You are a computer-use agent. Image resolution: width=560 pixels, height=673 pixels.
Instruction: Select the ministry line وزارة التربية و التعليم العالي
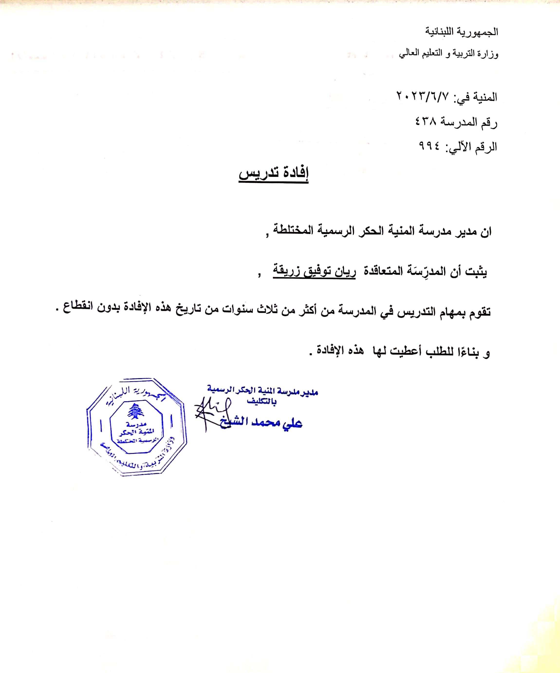point(448,54)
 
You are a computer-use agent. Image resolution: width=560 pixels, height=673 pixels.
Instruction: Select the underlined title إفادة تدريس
point(273,173)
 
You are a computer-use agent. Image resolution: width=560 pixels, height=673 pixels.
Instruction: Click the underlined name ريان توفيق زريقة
point(314,271)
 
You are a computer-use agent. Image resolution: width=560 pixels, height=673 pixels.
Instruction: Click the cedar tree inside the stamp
point(136,411)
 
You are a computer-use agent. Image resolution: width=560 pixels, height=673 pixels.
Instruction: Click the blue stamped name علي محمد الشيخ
point(261,422)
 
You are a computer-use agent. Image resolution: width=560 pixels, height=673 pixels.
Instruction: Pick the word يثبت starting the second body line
point(476,272)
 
